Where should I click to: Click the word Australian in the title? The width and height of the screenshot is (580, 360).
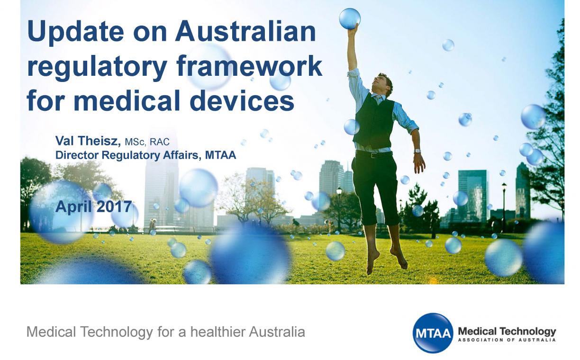[245, 31]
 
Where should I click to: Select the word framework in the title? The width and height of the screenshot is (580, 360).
[249, 66]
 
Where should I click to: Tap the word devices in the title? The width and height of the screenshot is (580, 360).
[242, 100]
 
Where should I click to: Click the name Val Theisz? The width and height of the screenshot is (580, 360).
[88, 141]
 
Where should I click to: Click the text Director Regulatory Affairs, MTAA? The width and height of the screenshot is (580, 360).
[145, 155]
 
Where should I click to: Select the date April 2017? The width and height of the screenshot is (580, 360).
[94, 207]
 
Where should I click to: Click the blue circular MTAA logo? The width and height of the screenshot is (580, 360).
[433, 333]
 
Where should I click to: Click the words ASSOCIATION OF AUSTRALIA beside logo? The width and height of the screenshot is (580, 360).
[507, 340]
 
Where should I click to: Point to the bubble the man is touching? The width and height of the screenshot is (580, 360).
[350, 18]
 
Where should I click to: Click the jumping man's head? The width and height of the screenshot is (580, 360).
[383, 83]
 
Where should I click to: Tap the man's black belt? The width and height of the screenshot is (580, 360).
[374, 154]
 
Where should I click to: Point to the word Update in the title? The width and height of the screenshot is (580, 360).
[76, 33]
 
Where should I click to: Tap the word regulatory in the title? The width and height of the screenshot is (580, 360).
[97, 67]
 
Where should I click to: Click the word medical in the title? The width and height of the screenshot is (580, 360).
[127, 100]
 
